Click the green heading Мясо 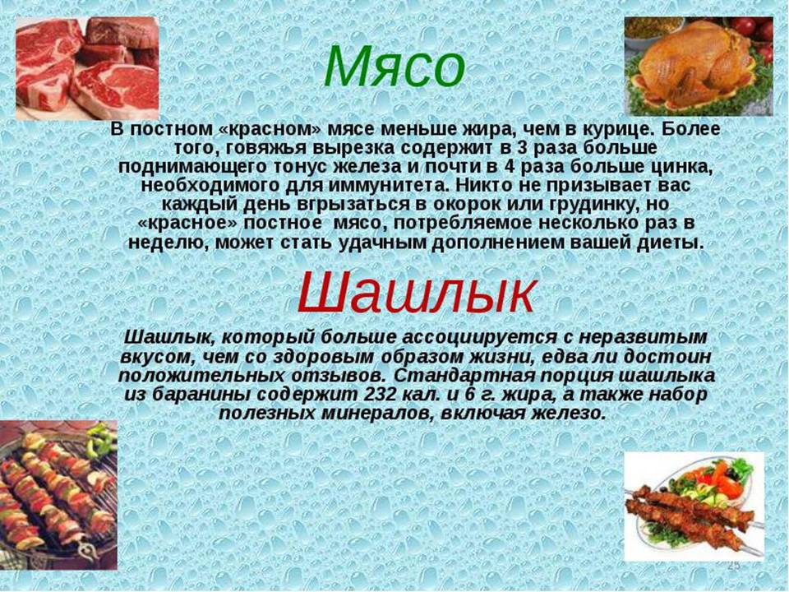[394, 67]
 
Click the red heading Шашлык [417, 292]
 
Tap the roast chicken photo [699, 66]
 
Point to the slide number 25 [734, 567]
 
